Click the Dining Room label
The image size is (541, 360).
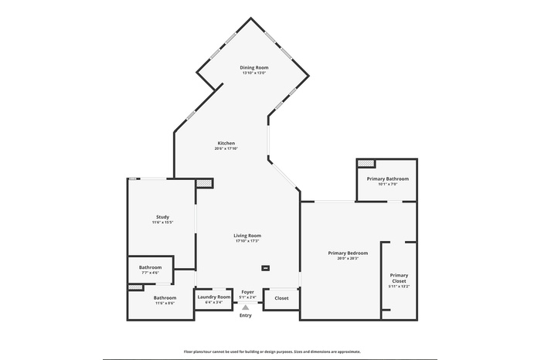pos(253,68)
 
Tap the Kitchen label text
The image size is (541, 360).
pos(226,143)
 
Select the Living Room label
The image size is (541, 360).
pos(248,236)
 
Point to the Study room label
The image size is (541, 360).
pos(162,217)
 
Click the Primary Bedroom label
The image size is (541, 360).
pos(347,253)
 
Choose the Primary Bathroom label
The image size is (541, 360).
pos(387,178)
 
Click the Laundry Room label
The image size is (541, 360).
pos(213,297)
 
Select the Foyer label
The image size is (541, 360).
pos(247,292)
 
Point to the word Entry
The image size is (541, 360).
pos(246,315)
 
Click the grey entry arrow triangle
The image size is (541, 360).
pos(246,307)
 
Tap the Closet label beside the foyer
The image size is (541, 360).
pos(281,297)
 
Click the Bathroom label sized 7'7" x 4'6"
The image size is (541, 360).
pos(150,267)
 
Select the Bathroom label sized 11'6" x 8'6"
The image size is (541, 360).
pos(165,297)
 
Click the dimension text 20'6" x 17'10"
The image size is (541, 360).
pos(226,148)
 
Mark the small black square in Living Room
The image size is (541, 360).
pos(266,268)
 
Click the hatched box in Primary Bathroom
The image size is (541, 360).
pos(366,163)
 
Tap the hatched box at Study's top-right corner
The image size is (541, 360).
pos(203,183)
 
